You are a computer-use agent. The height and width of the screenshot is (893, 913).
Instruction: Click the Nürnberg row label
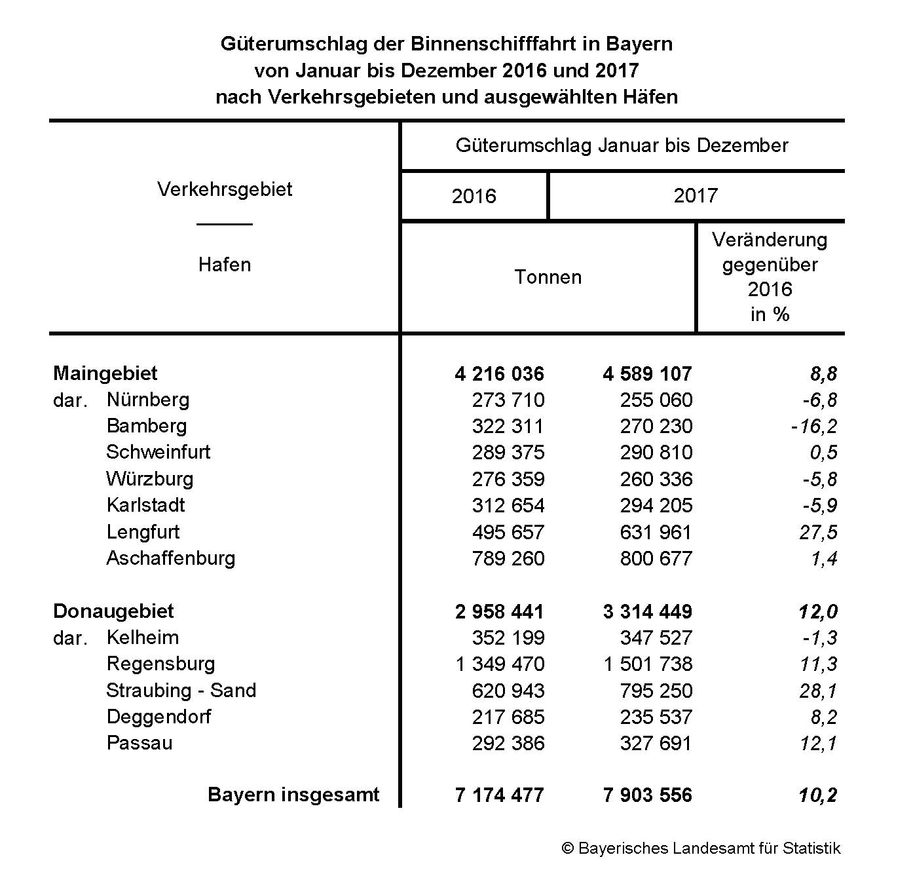(148, 400)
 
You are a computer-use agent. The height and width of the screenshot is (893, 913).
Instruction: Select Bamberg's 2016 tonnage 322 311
(508, 427)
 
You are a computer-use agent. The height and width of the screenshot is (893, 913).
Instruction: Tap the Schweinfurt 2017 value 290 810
(656, 453)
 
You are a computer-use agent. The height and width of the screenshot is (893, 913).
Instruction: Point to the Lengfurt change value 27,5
(818, 532)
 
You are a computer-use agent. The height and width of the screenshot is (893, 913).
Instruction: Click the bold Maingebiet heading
(105, 373)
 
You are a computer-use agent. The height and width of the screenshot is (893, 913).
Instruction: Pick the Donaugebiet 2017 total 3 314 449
(647, 612)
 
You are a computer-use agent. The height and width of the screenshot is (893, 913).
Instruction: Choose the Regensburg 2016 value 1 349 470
(500, 664)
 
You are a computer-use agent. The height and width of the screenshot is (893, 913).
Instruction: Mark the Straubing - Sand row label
(181, 691)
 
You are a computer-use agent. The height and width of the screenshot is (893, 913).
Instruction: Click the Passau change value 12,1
(818, 744)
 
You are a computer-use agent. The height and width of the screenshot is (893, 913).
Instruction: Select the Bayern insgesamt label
(293, 795)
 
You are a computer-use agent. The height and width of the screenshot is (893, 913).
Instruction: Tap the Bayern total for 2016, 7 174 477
(499, 795)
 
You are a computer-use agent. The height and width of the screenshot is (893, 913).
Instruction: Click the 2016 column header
(474, 196)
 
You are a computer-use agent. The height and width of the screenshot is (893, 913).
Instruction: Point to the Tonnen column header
(548, 277)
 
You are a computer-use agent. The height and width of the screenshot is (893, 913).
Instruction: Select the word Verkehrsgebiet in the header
(225, 189)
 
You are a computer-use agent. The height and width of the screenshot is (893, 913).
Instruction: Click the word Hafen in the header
(225, 265)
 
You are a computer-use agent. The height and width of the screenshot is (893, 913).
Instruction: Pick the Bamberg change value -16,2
(813, 427)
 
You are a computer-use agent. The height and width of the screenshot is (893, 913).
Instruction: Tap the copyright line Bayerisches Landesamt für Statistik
(701, 848)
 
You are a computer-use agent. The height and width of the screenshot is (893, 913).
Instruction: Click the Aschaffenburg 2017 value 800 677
(656, 559)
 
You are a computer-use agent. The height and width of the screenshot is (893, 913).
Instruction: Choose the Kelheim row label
(143, 637)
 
